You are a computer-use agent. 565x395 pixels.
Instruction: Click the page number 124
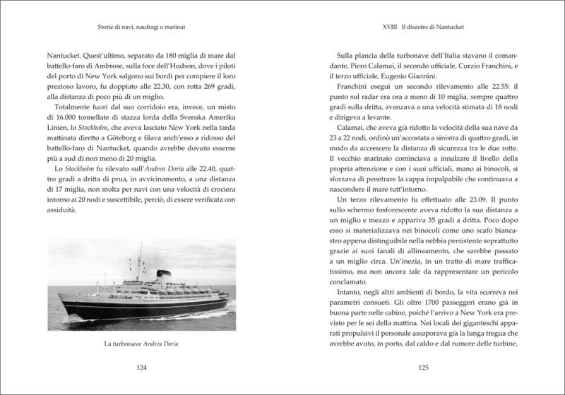[x=141, y=367]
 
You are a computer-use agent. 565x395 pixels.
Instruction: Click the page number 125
[x=424, y=367]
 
